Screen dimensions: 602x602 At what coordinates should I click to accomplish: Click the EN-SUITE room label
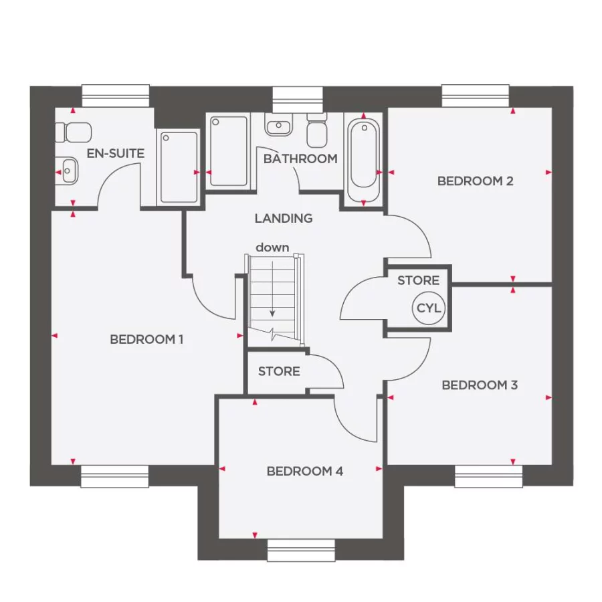point(115,154)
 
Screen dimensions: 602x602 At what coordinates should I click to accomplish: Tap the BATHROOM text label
point(300,159)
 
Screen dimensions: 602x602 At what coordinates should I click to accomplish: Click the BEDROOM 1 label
point(146,339)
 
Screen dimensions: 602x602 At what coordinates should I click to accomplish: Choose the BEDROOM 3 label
point(480,385)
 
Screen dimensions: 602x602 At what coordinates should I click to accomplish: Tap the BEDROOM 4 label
point(304,471)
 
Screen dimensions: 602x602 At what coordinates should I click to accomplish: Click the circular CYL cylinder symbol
point(429,308)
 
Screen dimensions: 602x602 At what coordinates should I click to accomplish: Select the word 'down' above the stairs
point(272,247)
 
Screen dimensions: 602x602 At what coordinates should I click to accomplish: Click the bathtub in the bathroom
point(363,159)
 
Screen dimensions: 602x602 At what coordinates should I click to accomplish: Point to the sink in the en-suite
point(68,172)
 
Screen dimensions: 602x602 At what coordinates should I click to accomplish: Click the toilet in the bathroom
point(316,130)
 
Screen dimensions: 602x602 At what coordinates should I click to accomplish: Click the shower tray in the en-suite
point(179,167)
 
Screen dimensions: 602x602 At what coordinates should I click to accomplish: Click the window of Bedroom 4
point(300,550)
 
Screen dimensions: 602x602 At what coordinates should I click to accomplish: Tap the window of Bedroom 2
point(475,96)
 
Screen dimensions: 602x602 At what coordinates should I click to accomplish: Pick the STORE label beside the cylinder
point(418,280)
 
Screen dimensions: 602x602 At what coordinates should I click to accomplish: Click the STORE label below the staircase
point(279,371)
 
